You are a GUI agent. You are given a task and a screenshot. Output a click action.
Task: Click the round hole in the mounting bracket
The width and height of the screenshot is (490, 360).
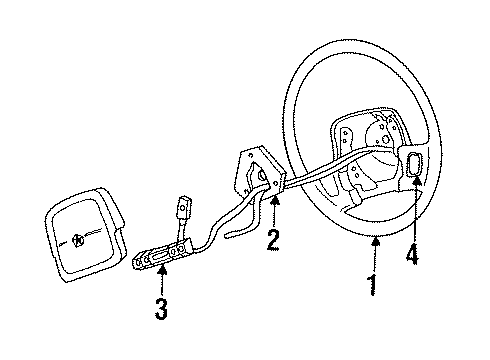click(x=264, y=175)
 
